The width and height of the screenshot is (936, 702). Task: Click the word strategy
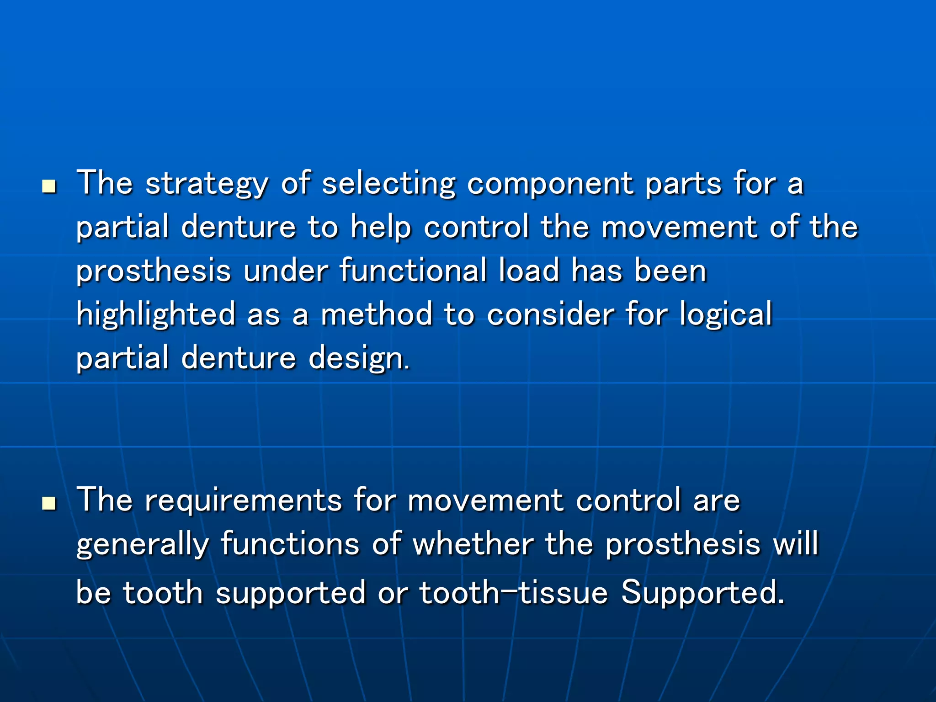206,184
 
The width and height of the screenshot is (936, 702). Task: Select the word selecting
389,184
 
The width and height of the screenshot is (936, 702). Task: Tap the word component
550,184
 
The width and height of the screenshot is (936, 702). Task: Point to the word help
381,227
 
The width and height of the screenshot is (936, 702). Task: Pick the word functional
413,271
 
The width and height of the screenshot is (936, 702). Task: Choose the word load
529,271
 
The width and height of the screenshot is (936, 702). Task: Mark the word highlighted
155,314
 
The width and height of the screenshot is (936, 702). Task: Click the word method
377,314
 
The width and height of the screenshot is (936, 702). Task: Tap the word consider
550,314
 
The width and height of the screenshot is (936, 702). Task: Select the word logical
726,314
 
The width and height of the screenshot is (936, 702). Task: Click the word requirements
243,500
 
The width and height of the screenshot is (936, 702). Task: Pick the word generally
143,544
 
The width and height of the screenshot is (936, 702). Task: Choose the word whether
473,544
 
